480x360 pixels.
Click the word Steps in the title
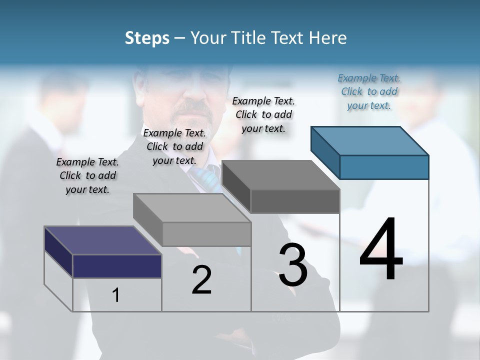coord(147,38)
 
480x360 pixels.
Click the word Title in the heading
coord(248,38)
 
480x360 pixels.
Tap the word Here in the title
coord(327,38)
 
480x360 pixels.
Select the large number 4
coord(381,250)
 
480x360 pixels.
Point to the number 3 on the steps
coord(293,265)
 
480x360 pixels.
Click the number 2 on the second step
coord(201,280)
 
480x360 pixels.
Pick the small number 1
coord(116,295)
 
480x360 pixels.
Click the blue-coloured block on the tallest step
coord(370,152)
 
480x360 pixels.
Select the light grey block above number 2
coord(192,220)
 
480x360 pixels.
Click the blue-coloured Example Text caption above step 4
coord(369,91)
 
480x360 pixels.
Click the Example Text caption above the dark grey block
coord(263,114)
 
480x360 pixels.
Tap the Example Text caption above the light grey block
coord(174,146)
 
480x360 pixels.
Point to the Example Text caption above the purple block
coord(87,175)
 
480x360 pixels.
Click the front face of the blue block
coord(384,167)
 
